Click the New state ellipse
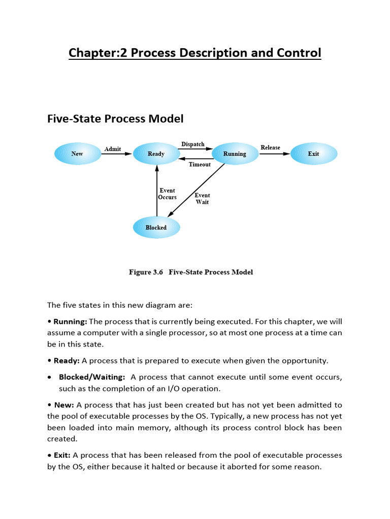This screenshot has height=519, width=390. click(x=78, y=154)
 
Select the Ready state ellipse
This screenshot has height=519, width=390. click(x=156, y=154)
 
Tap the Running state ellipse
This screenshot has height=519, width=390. click(x=235, y=154)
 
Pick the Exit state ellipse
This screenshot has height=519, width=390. click(x=314, y=154)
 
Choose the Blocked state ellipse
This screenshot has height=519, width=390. click(x=156, y=228)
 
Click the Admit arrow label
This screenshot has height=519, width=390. click(x=113, y=149)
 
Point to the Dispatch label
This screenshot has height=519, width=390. click(x=192, y=144)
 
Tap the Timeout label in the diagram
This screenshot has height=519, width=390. click(x=200, y=164)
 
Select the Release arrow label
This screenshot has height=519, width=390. click(x=270, y=147)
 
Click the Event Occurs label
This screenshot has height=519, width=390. click(x=167, y=194)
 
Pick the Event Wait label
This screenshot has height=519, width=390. click(x=202, y=199)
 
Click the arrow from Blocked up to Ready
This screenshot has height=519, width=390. click(x=157, y=191)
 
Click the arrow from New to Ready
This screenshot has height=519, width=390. click(x=117, y=154)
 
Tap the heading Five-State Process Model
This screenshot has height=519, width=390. click(x=115, y=119)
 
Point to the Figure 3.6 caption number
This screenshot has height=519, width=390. click(x=146, y=272)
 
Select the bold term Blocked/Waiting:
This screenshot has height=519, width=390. click(x=92, y=377)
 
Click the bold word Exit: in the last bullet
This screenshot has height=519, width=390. click(x=62, y=455)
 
